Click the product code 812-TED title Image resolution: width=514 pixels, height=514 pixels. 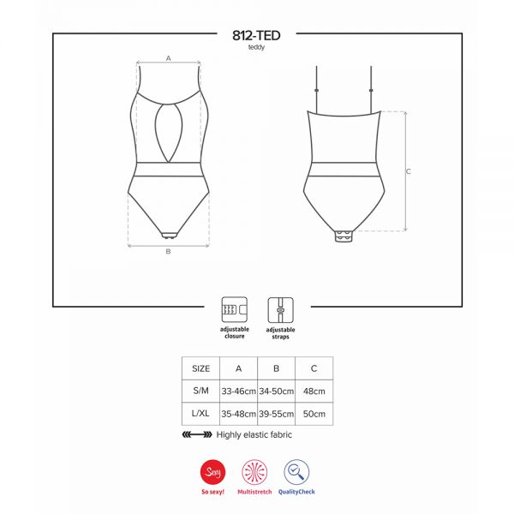pyautogui.click(x=256, y=35)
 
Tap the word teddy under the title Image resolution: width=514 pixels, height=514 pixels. pyautogui.click(x=256, y=47)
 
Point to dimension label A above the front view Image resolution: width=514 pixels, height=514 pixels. pyautogui.click(x=169, y=58)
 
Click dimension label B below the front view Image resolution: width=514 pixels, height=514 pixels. pyautogui.click(x=168, y=251)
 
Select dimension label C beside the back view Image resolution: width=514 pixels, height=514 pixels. pyautogui.click(x=409, y=171)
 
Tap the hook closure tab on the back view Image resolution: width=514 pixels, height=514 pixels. pyautogui.click(x=344, y=236)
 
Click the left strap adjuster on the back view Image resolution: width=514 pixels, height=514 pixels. pyautogui.click(x=316, y=90)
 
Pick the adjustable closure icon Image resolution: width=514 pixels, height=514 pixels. pyautogui.click(x=235, y=309)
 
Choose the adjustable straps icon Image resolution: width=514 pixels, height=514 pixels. pyautogui.click(x=281, y=310)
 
